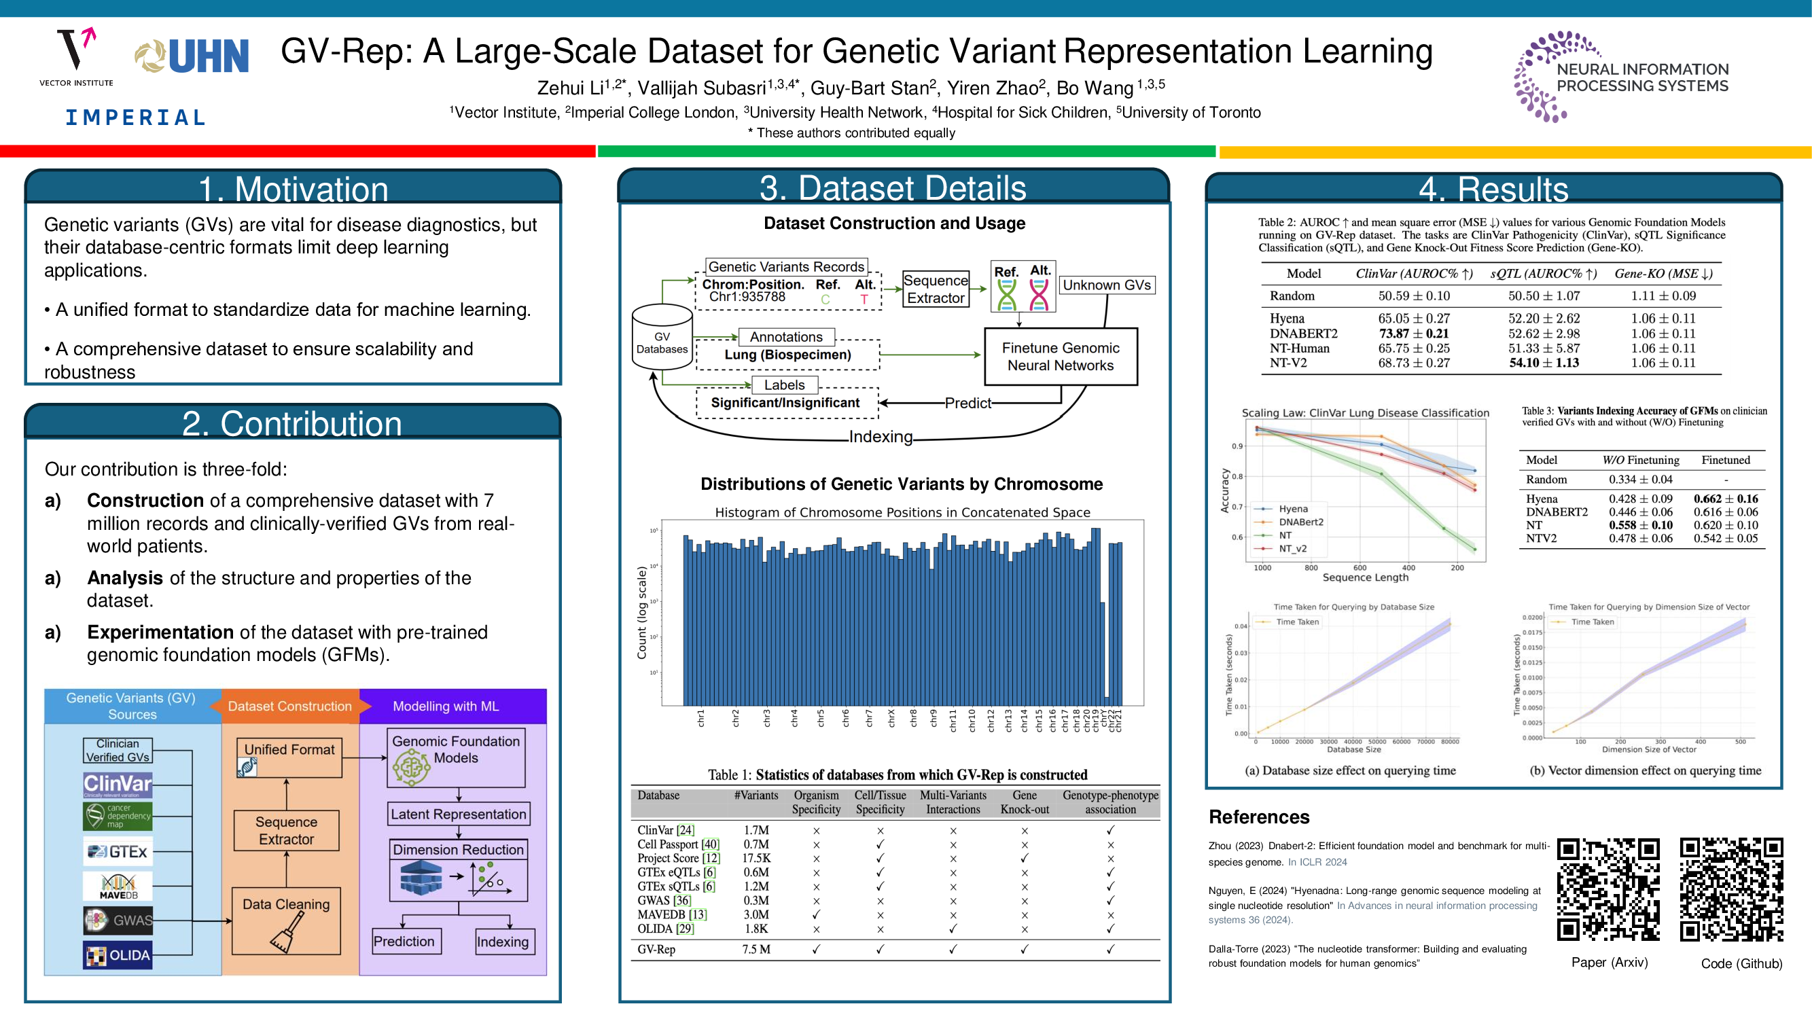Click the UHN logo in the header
[x=192, y=56]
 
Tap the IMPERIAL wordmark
[x=136, y=118]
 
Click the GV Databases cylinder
[x=662, y=337]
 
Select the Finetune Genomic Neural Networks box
[x=1060, y=357]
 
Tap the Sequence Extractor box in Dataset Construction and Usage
[x=936, y=289]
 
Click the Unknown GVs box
[x=1107, y=285]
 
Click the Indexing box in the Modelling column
[x=502, y=942]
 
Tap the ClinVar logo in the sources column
[x=118, y=784]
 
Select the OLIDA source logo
[x=118, y=955]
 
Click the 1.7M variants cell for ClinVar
[x=756, y=831]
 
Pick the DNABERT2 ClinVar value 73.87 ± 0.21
[x=1413, y=334]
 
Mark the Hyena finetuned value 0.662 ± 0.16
[x=1726, y=499]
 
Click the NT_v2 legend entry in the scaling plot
[x=1292, y=548]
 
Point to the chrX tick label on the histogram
[x=891, y=718]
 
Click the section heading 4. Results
[x=1493, y=189]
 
